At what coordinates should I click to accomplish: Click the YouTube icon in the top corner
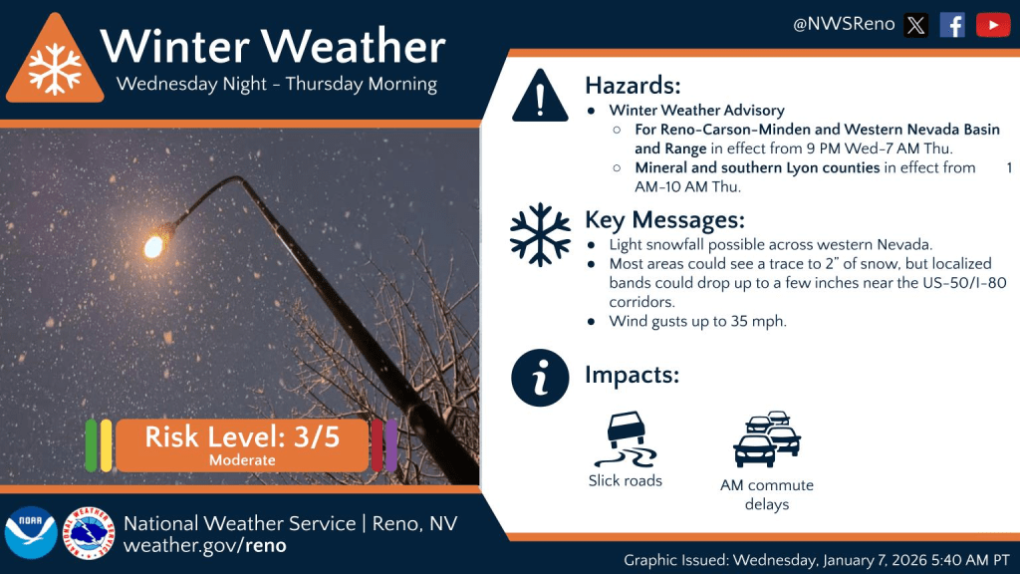pos(993,25)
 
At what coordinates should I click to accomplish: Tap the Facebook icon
pos(952,25)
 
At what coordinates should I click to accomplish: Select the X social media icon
pos(916,25)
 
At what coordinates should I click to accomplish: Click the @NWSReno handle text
pos(844,25)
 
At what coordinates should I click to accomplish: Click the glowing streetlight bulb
pos(154,246)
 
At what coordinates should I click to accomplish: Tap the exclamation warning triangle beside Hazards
pos(540,97)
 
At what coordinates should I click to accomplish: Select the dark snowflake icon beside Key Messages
pos(540,235)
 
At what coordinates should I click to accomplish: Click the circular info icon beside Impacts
pos(540,378)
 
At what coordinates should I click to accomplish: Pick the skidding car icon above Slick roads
pos(626,439)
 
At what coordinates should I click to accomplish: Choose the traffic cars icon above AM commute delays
pos(767,439)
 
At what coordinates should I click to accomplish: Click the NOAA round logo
pos(31,532)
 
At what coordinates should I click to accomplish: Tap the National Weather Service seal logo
pos(89,533)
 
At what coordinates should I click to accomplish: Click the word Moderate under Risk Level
pos(242,460)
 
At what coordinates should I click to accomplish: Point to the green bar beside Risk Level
pos(91,445)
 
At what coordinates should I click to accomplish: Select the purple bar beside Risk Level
pos(391,445)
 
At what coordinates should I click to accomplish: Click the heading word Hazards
pos(633,86)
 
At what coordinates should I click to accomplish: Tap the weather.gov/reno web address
pos(205,545)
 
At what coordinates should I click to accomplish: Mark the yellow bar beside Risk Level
pos(106,445)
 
